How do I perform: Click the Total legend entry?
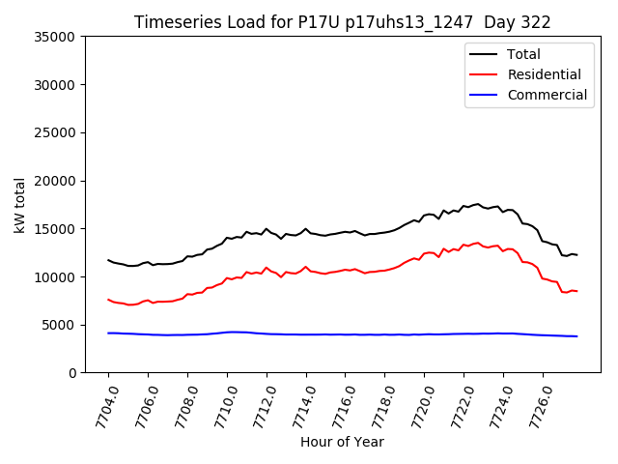click(523, 54)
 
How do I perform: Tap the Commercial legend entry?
click(547, 95)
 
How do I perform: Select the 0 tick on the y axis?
click(72, 373)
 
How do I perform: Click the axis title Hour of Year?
click(342, 442)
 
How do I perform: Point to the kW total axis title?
click(19, 205)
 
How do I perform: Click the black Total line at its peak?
click(477, 204)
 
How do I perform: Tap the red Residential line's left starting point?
click(108, 300)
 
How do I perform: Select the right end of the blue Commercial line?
click(576, 336)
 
